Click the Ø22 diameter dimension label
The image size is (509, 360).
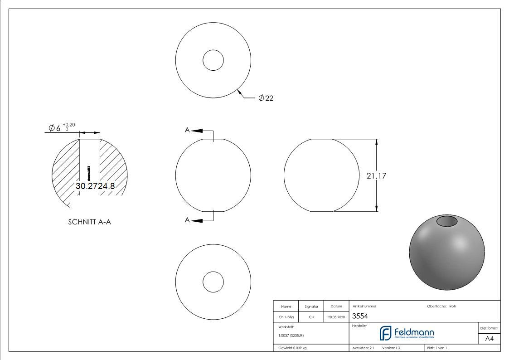266,98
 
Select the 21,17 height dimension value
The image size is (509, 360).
376,176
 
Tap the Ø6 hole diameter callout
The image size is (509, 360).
54,128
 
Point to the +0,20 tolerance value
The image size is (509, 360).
69,124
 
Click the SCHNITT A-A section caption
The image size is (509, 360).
89,222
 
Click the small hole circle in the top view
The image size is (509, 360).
213,60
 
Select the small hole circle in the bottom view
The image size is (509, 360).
213,282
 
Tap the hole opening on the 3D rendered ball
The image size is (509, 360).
447,221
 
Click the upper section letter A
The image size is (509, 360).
187,130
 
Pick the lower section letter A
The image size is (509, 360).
187,220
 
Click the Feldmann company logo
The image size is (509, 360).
407,333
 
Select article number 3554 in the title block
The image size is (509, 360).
360,316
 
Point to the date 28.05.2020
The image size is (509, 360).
336,317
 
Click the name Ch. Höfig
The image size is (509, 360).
286,317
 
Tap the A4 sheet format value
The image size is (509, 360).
489,338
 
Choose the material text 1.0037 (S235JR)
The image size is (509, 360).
291,336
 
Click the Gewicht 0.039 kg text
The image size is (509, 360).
292,348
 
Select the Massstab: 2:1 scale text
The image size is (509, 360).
363,348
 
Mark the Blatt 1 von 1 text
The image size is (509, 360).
437,348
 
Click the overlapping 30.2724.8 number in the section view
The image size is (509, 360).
95,186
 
